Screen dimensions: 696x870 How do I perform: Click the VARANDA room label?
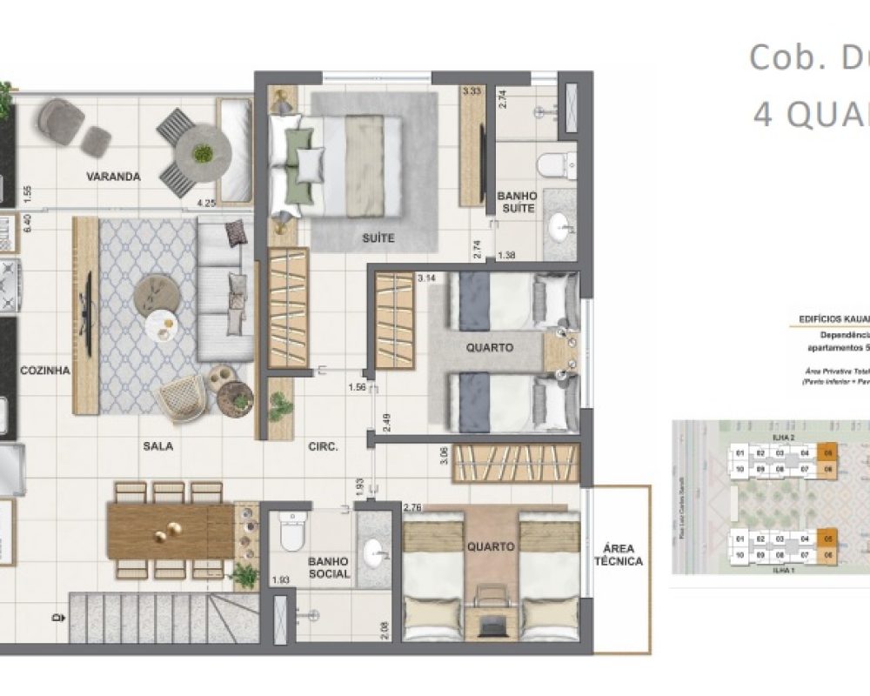point(113,177)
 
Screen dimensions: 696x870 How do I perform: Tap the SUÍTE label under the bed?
point(378,238)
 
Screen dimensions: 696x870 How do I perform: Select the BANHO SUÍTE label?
point(517,203)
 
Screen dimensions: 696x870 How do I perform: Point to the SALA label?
point(158,445)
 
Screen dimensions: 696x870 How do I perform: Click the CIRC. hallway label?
point(323,446)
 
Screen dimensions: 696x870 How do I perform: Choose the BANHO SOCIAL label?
point(329,568)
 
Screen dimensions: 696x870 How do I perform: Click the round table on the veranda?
point(203,155)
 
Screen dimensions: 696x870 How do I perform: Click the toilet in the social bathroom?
point(291,532)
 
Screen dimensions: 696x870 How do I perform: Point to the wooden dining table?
point(171,531)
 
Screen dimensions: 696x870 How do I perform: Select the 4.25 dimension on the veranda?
point(206,204)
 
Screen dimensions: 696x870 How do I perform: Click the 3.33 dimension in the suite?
point(472,90)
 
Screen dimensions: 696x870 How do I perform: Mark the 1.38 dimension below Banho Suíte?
point(507,255)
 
